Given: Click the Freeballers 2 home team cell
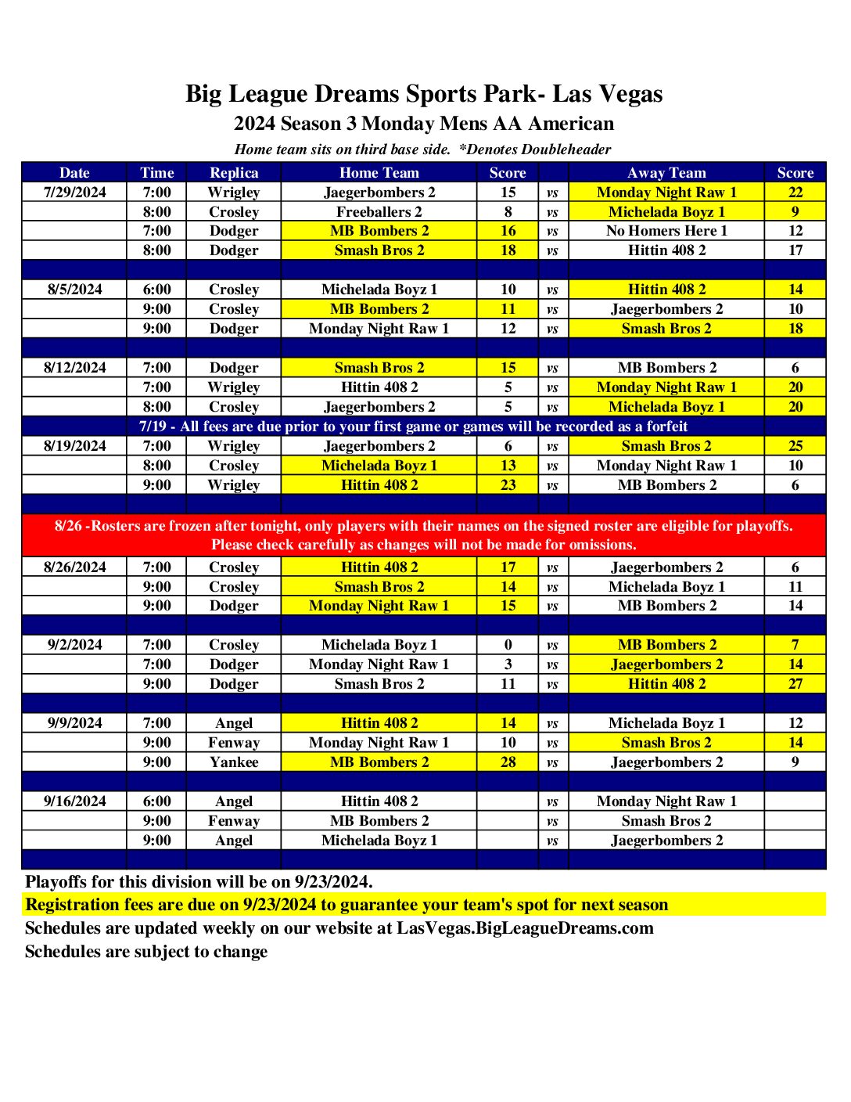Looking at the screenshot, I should coord(379,212).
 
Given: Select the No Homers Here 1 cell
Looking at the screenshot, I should coord(666,231).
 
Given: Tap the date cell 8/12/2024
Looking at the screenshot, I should coord(75,368).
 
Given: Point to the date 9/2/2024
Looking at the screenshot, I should coord(75,645).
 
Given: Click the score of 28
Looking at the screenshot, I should coord(508,762).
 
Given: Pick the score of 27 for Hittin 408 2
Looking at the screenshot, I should coord(795,684).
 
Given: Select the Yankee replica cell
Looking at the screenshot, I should coord(234,762).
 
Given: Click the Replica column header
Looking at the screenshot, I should coord(234,173).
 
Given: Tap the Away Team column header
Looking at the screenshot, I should coord(666,173).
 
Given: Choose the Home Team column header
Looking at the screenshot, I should coord(379,173).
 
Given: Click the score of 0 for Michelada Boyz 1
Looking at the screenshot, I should coord(508,645).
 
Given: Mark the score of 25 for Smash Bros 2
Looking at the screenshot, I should coord(795,446).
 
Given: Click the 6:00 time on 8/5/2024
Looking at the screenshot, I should coord(156,290).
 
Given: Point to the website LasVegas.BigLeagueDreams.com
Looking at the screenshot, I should coord(525,928).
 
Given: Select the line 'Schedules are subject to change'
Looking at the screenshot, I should coord(146,952).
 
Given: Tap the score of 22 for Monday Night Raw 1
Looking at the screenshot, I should coord(795,193).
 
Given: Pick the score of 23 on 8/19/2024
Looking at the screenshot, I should coord(508,485).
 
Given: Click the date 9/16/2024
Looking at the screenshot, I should coord(75,801).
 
